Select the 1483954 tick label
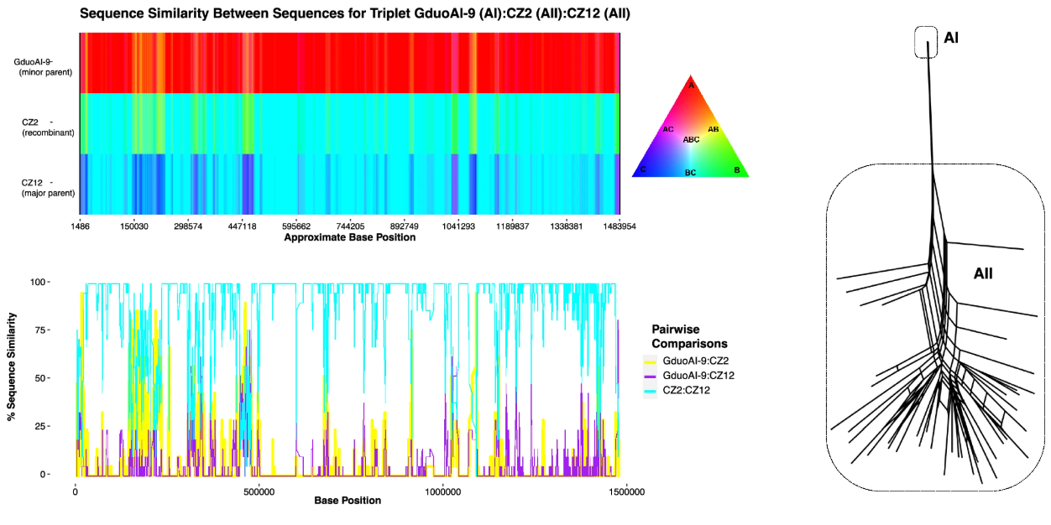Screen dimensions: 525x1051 [x=618, y=226]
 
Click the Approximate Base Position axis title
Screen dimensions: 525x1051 [x=350, y=237]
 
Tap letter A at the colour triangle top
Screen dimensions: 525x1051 [x=691, y=85]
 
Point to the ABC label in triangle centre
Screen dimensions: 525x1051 [x=691, y=139]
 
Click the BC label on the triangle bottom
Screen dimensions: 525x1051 [x=690, y=172]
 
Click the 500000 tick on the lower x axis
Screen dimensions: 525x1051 [x=259, y=489]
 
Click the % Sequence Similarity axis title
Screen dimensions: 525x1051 [x=13, y=377]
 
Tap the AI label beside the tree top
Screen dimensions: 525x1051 [x=950, y=38]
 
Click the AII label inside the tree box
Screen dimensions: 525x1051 [x=983, y=273]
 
